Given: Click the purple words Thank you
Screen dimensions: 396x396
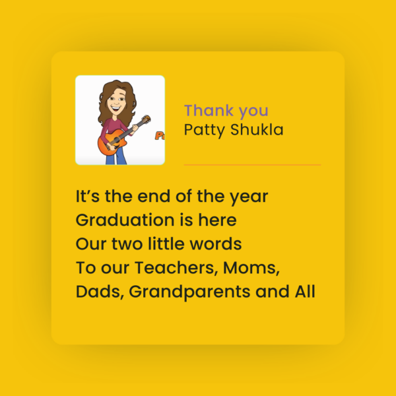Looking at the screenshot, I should point(226,111).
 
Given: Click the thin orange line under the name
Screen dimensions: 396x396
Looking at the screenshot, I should point(252,164).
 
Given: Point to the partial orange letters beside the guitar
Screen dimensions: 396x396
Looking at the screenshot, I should point(159,136).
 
